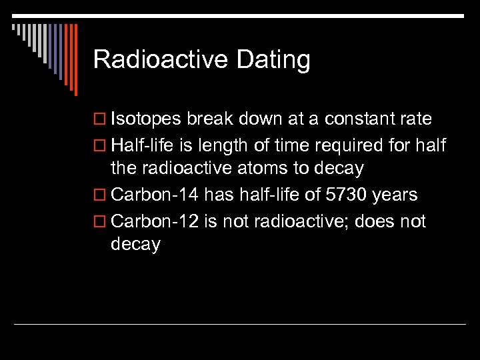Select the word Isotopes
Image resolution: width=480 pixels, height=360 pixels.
point(146,120)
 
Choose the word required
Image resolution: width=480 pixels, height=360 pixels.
point(362,145)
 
